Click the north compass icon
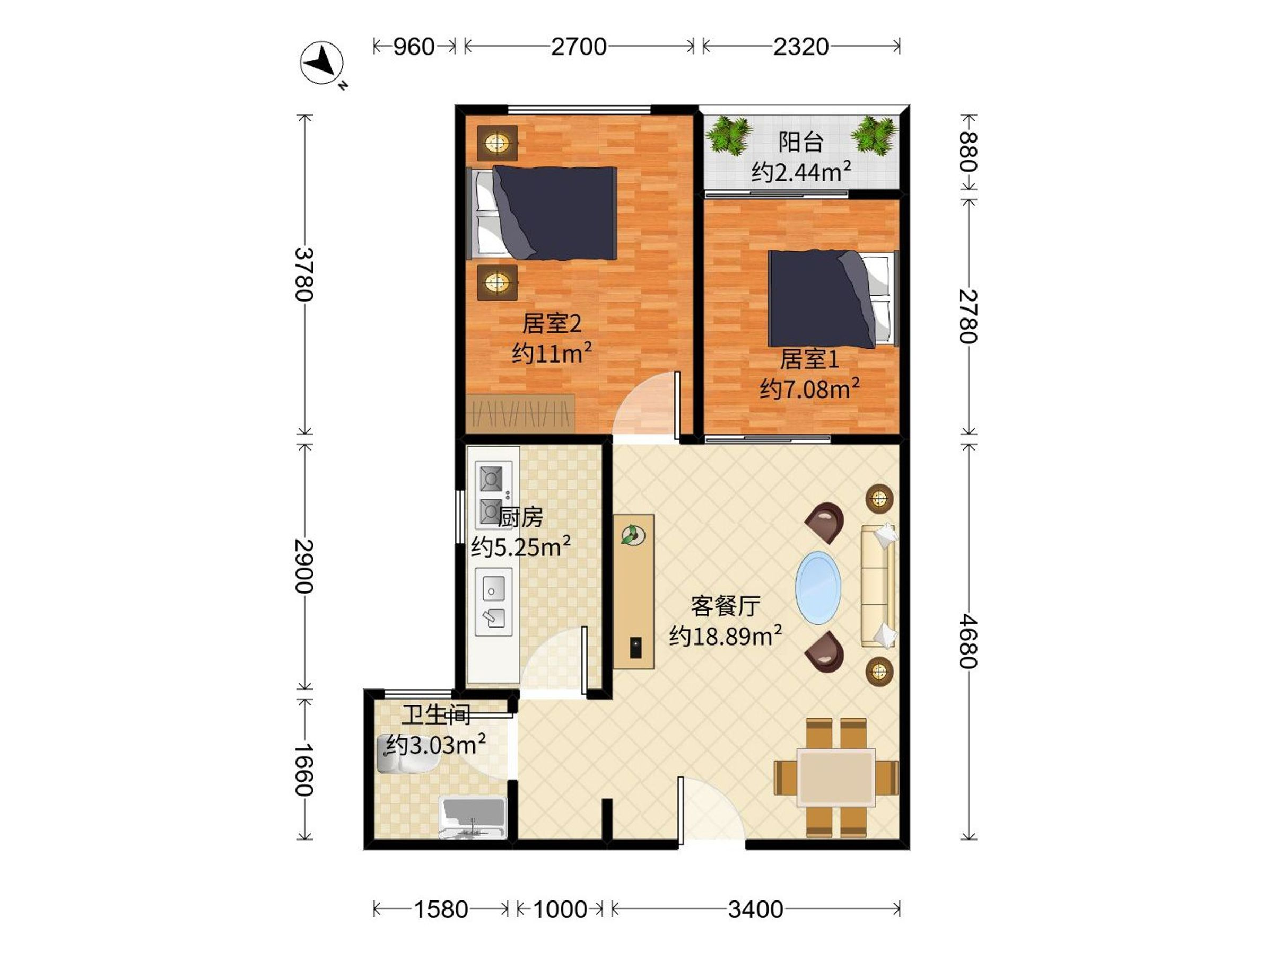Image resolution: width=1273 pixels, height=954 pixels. click(x=322, y=63)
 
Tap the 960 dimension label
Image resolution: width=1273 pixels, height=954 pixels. click(x=413, y=47)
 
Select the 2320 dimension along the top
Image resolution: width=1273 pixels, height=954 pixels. click(x=800, y=47)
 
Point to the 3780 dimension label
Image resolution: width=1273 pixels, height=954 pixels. click(x=304, y=275)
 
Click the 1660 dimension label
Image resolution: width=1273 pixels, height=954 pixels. click(x=304, y=770)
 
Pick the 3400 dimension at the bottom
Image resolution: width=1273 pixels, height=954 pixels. click(x=755, y=909)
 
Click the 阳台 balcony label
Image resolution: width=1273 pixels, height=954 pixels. click(x=800, y=142)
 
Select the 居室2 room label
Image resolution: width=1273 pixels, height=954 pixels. click(x=551, y=324)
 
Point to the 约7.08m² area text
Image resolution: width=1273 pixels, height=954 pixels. click(x=809, y=388)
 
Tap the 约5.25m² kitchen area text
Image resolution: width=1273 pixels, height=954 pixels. click(x=521, y=546)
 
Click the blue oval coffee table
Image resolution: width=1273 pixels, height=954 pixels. click(x=818, y=587)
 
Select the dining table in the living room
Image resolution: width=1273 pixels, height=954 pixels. click(x=835, y=777)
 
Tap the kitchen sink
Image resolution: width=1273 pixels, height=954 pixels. click(x=494, y=602)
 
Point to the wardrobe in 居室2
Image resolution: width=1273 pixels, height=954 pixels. click(x=521, y=413)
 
